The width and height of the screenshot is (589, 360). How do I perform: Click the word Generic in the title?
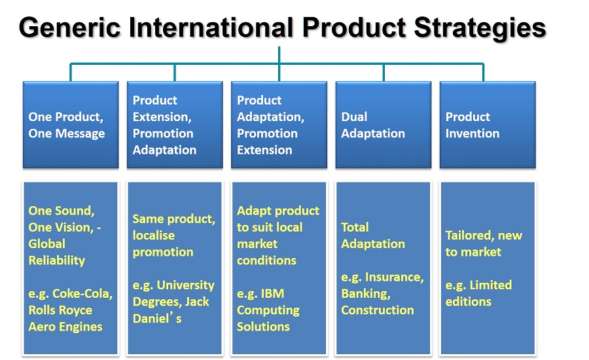pyautogui.click(x=70, y=27)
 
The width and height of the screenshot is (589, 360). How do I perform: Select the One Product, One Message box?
pyautogui.click(x=71, y=125)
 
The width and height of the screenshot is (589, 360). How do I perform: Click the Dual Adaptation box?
pyautogui.click(x=383, y=125)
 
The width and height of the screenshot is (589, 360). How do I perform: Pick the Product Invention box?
pyautogui.click(x=488, y=125)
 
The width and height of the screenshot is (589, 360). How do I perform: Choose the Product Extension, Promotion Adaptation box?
pyautogui.click(x=175, y=125)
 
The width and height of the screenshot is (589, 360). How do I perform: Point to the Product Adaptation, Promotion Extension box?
pyautogui.click(x=279, y=125)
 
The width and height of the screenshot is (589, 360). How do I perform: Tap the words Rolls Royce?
pyautogui.click(x=60, y=310)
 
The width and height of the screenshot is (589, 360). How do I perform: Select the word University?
pyautogui.click(x=186, y=285)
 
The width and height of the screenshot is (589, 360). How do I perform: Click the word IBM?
pyautogui.click(x=272, y=293)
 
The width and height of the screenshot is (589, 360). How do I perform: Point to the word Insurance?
pyautogui.click(x=395, y=278)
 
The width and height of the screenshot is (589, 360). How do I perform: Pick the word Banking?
pyautogui.click(x=366, y=294)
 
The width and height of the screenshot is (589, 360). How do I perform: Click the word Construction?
pyautogui.click(x=378, y=310)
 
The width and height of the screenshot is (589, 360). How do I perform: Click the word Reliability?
pyautogui.click(x=57, y=261)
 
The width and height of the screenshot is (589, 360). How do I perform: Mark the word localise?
pyautogui.click(x=154, y=235)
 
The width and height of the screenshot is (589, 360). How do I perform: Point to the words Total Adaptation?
pyautogui.click(x=373, y=236)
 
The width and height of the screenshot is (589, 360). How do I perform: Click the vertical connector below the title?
pyautogui.click(x=279, y=55)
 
